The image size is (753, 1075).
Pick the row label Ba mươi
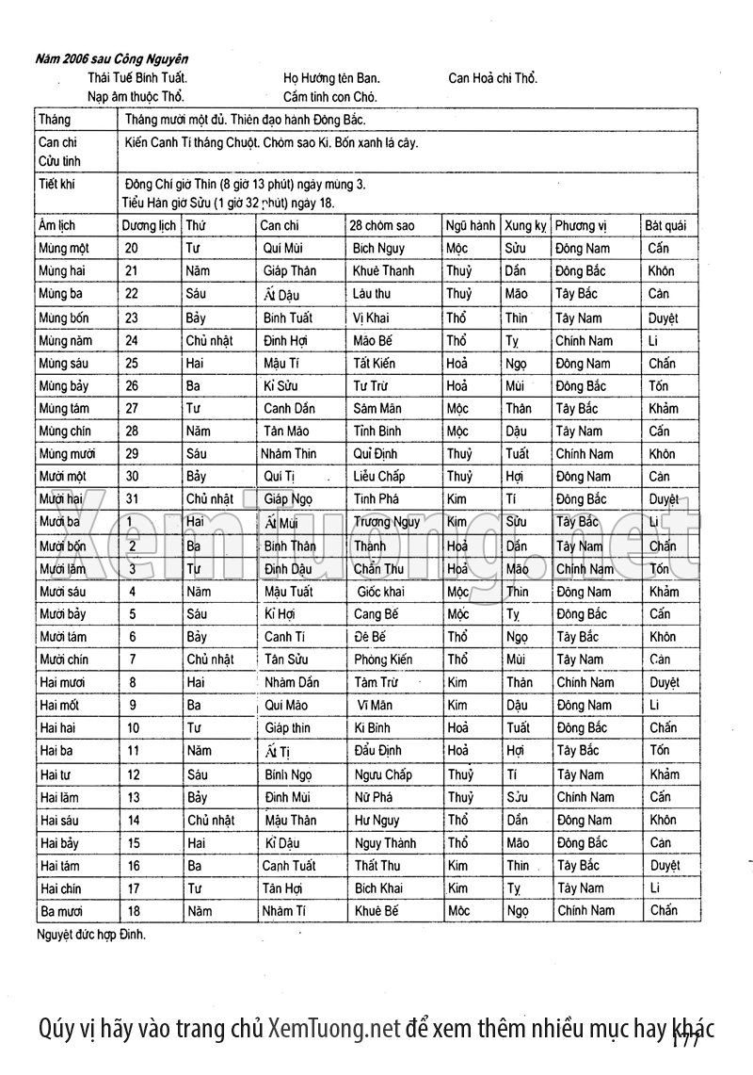[x=63, y=911]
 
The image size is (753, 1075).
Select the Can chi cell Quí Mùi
[x=282, y=249]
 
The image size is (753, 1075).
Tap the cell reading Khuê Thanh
[x=383, y=271]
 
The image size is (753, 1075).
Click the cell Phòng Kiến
[x=383, y=660]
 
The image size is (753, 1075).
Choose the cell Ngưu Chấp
[x=385, y=774]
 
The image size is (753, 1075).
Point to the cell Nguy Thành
[x=385, y=843]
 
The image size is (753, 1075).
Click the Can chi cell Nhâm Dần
[x=291, y=682]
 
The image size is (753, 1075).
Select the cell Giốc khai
[x=380, y=592]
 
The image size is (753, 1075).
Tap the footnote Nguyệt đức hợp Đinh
[x=92, y=936]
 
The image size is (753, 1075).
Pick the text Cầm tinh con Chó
[x=329, y=96]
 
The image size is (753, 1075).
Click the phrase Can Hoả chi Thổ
[x=493, y=78]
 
